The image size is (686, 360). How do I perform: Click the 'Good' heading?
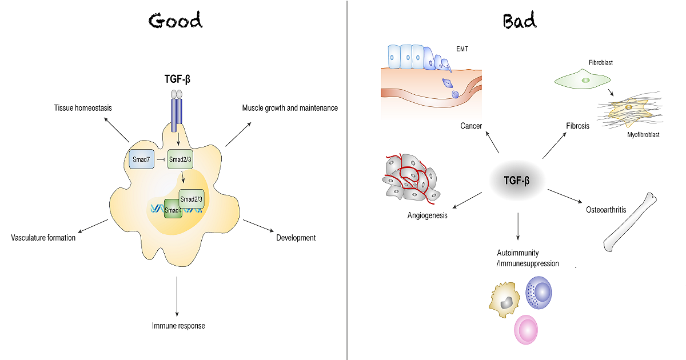pos(175,21)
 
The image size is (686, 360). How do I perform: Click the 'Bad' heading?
pos(519,21)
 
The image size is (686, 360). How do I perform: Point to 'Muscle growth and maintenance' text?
pos(290,107)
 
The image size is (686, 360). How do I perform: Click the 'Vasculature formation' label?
pos(43,238)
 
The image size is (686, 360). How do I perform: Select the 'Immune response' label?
pos(178,326)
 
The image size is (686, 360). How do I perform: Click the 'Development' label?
pos(296,238)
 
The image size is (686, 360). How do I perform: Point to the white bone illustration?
pos(630,222)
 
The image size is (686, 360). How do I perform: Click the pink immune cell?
pos(529,330)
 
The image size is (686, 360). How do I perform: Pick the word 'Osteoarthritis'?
pos(605,210)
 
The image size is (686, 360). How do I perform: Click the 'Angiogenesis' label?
pos(427,216)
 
